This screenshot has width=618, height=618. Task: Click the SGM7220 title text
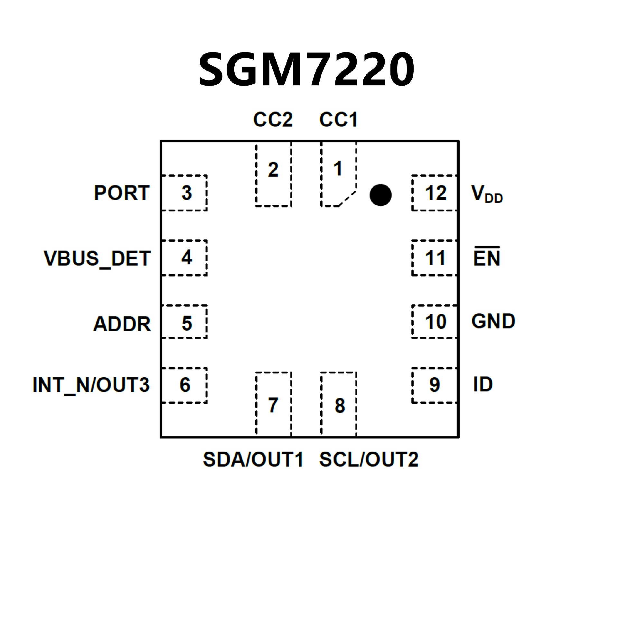[306, 70]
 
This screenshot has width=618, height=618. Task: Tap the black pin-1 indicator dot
[380, 195]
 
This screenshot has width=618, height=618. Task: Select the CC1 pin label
[338, 120]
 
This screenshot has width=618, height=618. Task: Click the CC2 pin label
[273, 120]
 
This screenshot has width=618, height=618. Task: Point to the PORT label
[122, 193]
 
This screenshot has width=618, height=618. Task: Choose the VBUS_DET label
[97, 258]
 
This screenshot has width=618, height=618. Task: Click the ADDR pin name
[122, 324]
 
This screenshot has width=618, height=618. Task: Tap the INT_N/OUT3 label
[91, 385]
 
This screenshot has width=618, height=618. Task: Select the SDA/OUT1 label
[253, 459]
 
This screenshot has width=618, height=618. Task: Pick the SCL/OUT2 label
[369, 459]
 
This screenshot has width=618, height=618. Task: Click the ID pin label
[483, 384]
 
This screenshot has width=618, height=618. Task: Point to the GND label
[493, 321]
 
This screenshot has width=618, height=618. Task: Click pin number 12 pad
[435, 193]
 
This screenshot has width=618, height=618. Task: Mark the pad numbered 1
[338, 174]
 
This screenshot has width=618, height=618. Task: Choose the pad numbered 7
[273, 404]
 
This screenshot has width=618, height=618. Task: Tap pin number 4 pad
[184, 258]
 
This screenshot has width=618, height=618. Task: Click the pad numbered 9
[435, 385]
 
